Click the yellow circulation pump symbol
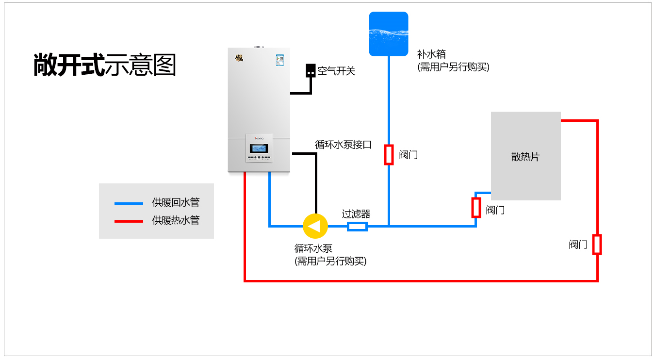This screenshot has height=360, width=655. pos(315,226)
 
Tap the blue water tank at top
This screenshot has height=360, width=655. pos(388,34)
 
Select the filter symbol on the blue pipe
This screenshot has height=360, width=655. pos(358,227)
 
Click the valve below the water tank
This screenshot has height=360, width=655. pos(389,155)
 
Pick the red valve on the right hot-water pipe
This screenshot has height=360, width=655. pos(597,245)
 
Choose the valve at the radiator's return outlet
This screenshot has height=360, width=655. pos(476,208)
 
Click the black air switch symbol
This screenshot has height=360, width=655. pos(310,71)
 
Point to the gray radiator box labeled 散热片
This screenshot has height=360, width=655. pos(525,156)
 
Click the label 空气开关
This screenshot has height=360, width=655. pos(336,71)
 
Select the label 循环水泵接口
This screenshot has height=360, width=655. pos(343,145)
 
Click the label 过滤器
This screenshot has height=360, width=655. pos(356,214)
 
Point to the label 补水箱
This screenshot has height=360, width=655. pos(431,54)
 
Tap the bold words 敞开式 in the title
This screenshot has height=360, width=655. pos(69,65)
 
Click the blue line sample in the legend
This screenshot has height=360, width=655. pos(129,203)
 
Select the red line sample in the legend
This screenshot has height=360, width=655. pos(129,221)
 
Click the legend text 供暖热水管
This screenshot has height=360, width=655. pos(176,221)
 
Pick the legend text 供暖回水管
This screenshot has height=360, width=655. pos(176,203)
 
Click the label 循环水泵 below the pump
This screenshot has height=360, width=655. pos(313,249)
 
